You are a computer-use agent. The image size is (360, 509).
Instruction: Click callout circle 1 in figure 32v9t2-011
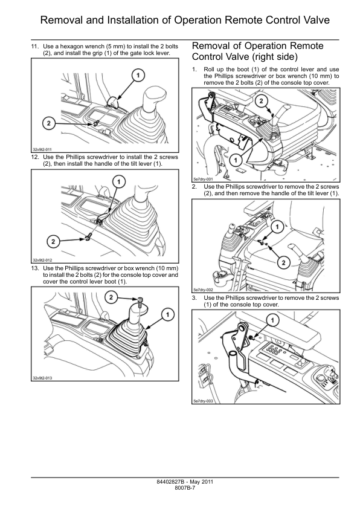point(138,76)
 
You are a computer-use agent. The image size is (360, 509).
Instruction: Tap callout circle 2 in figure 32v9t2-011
point(49,123)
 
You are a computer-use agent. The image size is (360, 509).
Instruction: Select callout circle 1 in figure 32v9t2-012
point(119,182)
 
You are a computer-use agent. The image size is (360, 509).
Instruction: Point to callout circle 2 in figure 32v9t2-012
point(54,241)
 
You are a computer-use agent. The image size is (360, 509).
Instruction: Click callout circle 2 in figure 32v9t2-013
point(111,297)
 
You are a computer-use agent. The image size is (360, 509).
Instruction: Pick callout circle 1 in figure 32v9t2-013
point(167,314)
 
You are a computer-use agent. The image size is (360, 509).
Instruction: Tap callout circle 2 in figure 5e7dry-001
point(262,101)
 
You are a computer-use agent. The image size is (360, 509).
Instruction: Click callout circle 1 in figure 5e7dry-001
point(236,160)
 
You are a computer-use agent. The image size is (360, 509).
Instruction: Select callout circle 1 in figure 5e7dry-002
point(277,227)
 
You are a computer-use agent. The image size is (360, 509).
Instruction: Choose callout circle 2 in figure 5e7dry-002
point(284,262)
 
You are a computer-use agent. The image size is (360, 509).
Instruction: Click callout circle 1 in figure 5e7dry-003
point(272,320)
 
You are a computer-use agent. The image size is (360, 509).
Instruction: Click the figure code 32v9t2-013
point(42,378)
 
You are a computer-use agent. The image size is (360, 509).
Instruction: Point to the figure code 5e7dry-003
point(203,401)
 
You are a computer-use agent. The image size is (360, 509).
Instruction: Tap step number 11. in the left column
point(35,47)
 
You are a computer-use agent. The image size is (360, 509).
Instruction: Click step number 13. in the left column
point(35,268)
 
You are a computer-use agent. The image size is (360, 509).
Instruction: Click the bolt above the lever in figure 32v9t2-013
point(140,302)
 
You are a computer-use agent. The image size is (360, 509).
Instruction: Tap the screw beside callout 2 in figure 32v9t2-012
point(88,238)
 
